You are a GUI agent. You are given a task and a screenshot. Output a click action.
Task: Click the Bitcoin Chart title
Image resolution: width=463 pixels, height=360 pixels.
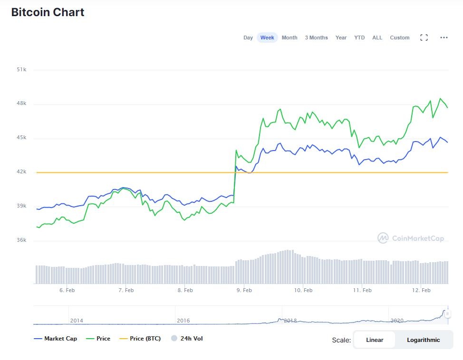[x=48, y=12]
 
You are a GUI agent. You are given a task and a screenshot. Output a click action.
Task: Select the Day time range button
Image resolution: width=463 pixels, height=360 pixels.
[x=248, y=38]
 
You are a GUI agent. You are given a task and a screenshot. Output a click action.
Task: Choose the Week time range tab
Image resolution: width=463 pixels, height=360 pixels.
[x=267, y=38]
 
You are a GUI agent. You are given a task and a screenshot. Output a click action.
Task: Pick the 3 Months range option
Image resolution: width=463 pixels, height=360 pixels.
[x=316, y=38]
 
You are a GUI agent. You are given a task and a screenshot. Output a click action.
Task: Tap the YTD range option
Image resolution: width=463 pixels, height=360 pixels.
[x=359, y=38]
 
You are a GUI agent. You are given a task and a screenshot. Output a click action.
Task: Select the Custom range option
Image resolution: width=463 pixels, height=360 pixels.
[x=399, y=38]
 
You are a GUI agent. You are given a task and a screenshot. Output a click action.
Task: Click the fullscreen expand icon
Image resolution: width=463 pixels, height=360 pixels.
[x=424, y=38]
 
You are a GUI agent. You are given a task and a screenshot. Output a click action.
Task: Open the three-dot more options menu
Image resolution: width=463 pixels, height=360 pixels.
[x=444, y=38]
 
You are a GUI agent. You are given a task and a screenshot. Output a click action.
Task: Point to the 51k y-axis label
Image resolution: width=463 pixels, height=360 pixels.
[x=21, y=69]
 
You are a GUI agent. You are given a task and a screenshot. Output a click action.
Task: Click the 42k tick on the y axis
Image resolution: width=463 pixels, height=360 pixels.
[x=21, y=172]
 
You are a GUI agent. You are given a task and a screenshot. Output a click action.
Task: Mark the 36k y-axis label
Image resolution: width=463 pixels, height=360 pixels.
[x=21, y=240]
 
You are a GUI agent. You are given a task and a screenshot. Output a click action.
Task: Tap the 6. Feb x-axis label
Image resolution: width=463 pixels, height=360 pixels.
[x=67, y=290]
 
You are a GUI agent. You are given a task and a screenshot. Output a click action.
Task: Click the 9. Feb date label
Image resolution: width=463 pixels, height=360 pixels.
[x=244, y=290]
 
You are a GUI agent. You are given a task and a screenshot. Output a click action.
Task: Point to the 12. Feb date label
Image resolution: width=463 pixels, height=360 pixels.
[x=421, y=290]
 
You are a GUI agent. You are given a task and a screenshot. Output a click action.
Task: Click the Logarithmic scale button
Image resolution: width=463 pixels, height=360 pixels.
[x=423, y=340]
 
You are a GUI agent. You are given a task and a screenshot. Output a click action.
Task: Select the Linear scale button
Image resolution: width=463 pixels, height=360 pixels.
[x=375, y=340]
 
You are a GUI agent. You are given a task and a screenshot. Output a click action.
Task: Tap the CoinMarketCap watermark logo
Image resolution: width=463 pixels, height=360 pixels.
[x=411, y=238]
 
